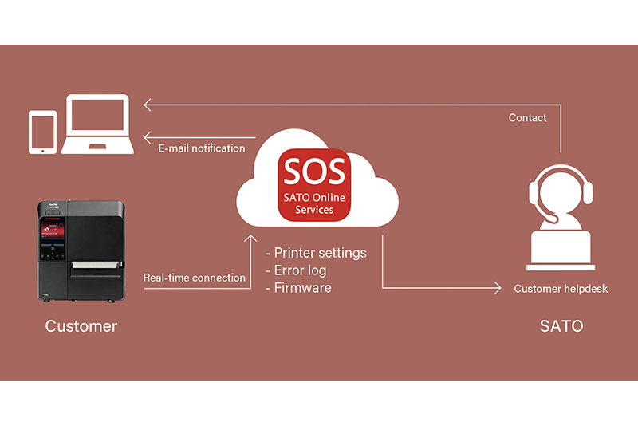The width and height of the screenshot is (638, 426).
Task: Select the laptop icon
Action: pos(98,125)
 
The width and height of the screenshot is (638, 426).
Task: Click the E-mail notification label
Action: pos(202,148)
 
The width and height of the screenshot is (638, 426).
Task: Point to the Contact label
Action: pos(528,118)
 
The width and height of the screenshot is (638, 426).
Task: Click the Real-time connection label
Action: pos(194,278)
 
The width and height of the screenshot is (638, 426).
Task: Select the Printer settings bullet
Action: pos(316,253)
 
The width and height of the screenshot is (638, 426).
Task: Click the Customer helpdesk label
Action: pos(561,288)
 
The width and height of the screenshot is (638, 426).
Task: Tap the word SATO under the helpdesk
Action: pos(561,326)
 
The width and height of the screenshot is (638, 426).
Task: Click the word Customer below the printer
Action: pos(81,326)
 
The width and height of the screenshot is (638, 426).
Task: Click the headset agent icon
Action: pos(561,223)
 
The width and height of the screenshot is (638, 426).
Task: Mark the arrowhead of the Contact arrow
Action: pos(147,104)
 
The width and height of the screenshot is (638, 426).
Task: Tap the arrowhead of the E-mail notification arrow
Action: pos(147,136)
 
